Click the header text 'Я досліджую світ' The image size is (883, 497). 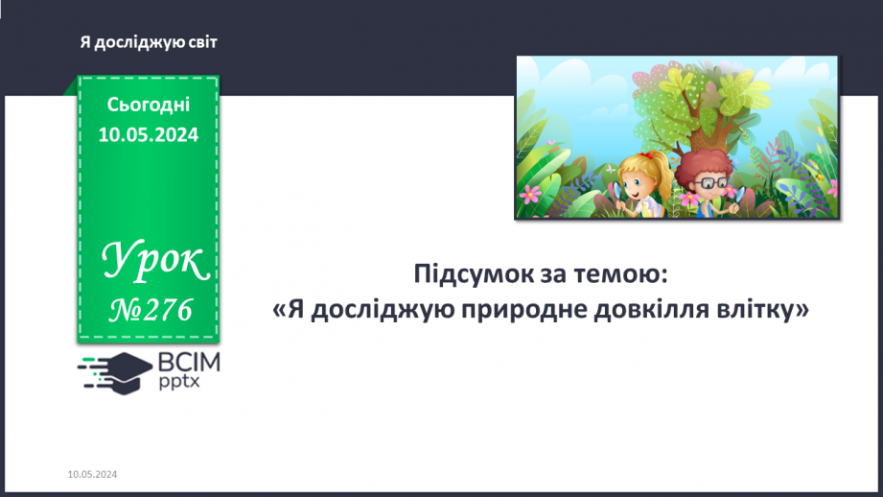149,41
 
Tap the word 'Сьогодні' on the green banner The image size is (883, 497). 149,105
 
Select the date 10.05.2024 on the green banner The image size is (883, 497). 149,135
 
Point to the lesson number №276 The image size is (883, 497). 151,309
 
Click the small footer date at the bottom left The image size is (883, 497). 93,475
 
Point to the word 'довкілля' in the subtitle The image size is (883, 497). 657,311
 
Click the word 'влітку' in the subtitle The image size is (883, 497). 763,311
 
